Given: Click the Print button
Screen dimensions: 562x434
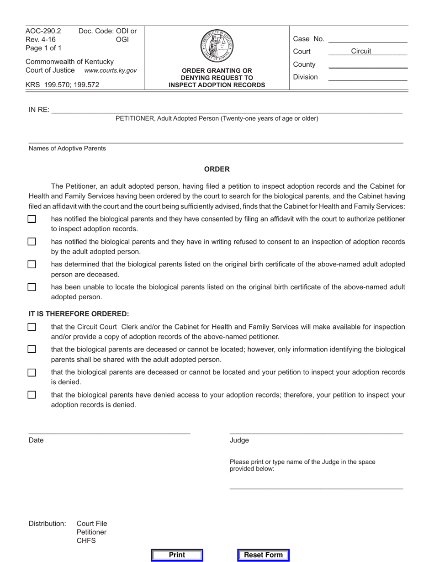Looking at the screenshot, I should [177, 555].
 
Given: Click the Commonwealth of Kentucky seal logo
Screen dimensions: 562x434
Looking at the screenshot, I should [217, 46].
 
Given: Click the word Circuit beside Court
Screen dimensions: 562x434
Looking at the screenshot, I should [361, 51].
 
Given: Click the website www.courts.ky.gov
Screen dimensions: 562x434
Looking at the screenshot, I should [111, 70].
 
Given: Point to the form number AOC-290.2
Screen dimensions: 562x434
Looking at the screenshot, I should [43, 31].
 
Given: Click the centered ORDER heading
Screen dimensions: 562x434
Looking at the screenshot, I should [217, 169].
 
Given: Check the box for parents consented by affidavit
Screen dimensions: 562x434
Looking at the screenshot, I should [32, 219].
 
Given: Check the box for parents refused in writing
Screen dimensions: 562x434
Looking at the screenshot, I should [32, 241].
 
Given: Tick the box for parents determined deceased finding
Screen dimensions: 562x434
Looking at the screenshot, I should [32, 264].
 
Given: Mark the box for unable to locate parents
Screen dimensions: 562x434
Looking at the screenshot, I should [32, 287].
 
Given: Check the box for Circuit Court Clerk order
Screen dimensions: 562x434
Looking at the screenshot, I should [32, 327].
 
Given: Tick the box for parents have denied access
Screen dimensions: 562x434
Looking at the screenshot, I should [32, 395].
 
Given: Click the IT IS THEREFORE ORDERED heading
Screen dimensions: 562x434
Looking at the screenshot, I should [79, 314].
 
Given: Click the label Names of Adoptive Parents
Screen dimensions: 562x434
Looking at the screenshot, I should [67, 148].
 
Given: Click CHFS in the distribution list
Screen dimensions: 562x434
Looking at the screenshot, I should [86, 541].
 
